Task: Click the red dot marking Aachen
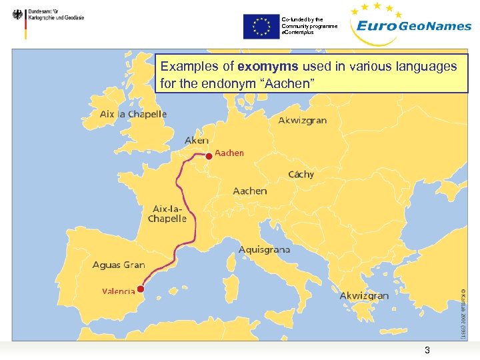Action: [209, 155]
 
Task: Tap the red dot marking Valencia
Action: [141, 289]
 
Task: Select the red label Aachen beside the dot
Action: [229, 153]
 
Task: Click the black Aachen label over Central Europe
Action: [250, 191]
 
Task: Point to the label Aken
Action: [197, 141]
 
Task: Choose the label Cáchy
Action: [301, 174]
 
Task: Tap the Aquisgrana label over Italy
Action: [265, 250]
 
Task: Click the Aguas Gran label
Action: [119, 265]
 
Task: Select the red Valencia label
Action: [119, 291]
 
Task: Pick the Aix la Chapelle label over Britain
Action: [133, 114]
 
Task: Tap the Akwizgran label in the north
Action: [303, 121]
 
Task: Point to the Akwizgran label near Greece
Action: [364, 295]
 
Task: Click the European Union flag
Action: [261, 27]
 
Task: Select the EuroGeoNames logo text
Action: [413, 27]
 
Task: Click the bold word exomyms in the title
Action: [267, 67]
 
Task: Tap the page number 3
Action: [427, 351]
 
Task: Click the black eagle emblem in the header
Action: [17, 14]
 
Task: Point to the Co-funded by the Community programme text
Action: [309, 26]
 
